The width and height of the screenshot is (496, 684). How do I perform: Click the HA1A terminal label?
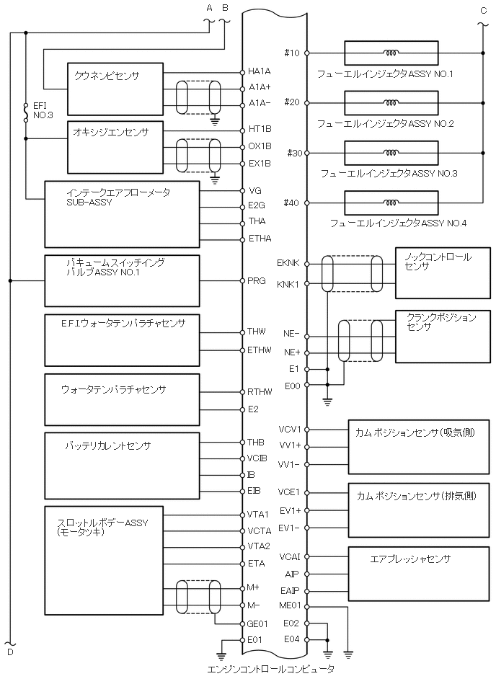(x=260, y=71)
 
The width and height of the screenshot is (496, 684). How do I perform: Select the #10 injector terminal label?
(x=292, y=53)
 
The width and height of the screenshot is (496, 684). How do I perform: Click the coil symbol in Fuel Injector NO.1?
(x=391, y=53)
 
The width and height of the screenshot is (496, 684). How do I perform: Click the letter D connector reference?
(x=9, y=652)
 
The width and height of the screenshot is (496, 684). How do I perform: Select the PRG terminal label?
(x=256, y=280)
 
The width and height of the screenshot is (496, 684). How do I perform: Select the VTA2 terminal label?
(x=258, y=546)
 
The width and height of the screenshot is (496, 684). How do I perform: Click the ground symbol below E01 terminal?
(x=222, y=655)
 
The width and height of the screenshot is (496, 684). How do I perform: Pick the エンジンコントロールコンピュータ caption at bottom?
(x=270, y=670)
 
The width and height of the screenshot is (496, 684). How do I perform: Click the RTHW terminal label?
(x=258, y=392)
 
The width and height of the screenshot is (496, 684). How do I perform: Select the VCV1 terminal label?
(x=289, y=430)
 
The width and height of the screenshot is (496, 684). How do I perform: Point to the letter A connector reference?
(x=210, y=8)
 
